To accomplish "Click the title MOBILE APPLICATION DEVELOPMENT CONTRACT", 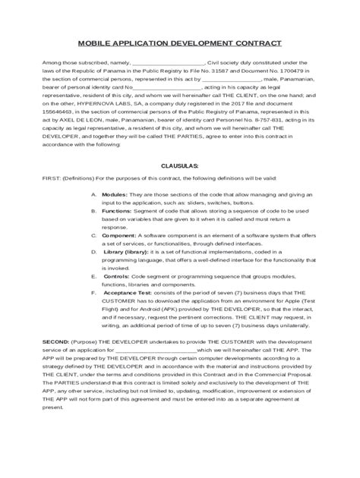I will coord(180,45).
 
